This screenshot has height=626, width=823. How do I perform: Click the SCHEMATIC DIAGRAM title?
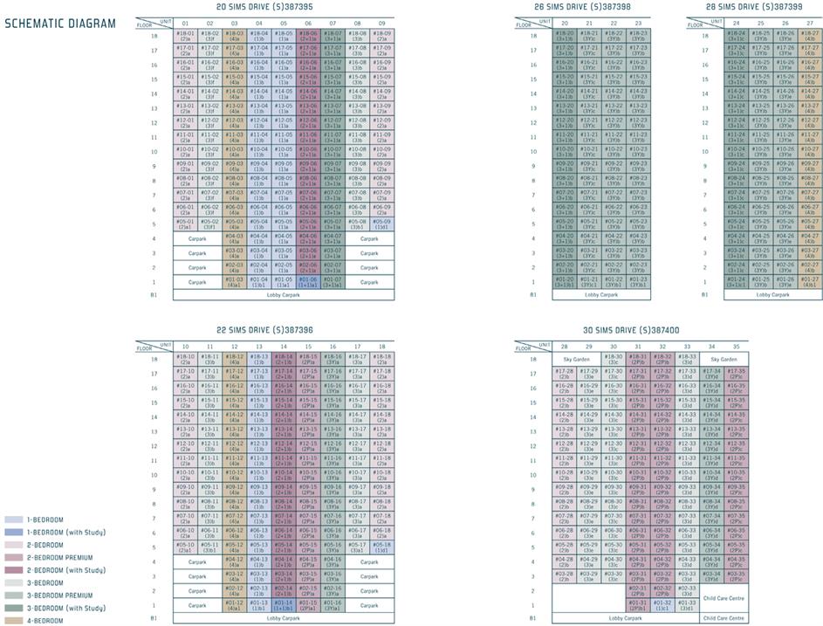point(60,24)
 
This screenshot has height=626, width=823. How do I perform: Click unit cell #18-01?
point(185,35)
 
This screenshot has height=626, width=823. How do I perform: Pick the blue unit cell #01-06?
point(308,306)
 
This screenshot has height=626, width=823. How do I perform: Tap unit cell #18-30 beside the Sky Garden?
point(614,358)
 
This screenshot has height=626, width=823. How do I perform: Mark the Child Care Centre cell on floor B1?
point(724,617)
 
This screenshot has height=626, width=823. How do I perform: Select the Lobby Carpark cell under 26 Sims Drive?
point(601,320)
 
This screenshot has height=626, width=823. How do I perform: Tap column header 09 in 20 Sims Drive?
point(381,23)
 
